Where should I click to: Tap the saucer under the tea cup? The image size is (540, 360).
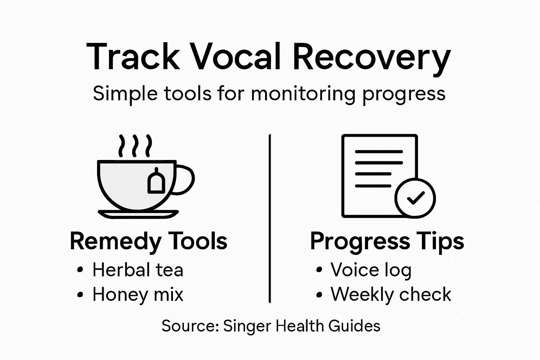[x=138, y=214]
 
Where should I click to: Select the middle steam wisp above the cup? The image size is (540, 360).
[x=135, y=146]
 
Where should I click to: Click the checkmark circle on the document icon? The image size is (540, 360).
[x=415, y=198]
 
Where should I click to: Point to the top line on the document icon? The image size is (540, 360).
[x=379, y=152]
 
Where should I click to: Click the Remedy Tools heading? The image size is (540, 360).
[x=148, y=242]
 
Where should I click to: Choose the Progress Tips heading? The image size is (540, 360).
[x=387, y=242]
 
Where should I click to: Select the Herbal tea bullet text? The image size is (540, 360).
[x=138, y=270]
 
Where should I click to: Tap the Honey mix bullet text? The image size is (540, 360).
[x=138, y=295]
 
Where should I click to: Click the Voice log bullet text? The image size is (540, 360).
[x=371, y=270]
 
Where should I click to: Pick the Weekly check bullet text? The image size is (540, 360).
[x=391, y=295]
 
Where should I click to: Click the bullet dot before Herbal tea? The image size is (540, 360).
[x=80, y=270]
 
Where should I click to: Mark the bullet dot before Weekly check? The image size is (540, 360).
[x=319, y=295]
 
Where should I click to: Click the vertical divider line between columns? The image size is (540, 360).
[x=270, y=218]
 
